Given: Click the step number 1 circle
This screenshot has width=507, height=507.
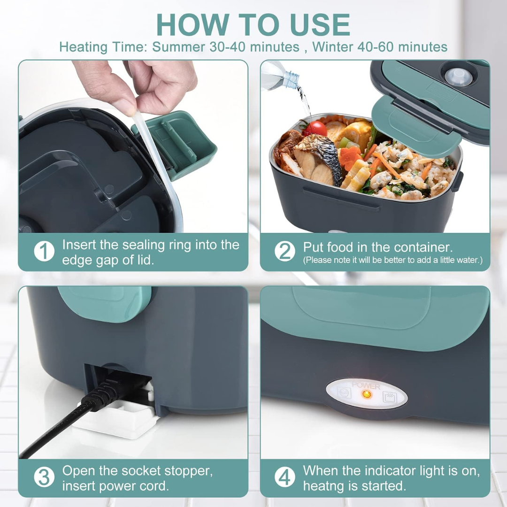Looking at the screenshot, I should pos(44,252).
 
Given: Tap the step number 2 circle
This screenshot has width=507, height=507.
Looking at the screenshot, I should pos(285,252).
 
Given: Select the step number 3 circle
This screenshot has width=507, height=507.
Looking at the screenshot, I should pos(44,477).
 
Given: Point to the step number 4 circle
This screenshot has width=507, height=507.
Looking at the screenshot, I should pos(285,477).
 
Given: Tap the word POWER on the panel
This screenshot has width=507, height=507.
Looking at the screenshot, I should pos(366,385).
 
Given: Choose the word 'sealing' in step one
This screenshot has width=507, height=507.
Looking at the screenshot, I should pos(144,245).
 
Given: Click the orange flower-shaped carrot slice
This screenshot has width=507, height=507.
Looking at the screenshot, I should pos(350,158).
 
